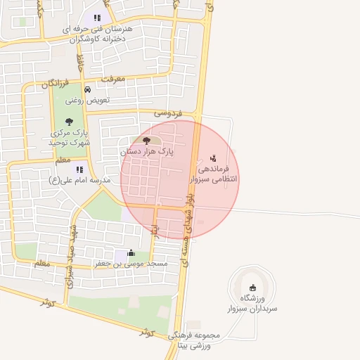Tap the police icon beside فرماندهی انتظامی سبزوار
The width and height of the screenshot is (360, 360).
tap(213, 158)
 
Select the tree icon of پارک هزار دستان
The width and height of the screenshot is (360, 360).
tap(146, 141)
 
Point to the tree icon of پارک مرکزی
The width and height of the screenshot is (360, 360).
tap(69, 122)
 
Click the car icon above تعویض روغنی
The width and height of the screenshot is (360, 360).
tap(87, 90)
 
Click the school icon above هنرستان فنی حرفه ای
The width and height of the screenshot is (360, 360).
tap(97, 18)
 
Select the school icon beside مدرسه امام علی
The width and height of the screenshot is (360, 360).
tap(80, 169)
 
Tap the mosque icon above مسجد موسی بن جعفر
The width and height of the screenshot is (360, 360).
tap(130, 253)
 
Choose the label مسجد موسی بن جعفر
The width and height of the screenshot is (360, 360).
tap(131, 264)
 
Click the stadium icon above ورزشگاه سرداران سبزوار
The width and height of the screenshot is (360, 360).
tap(252, 286)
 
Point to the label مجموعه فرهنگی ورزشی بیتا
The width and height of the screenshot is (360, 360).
tap(193, 340)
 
